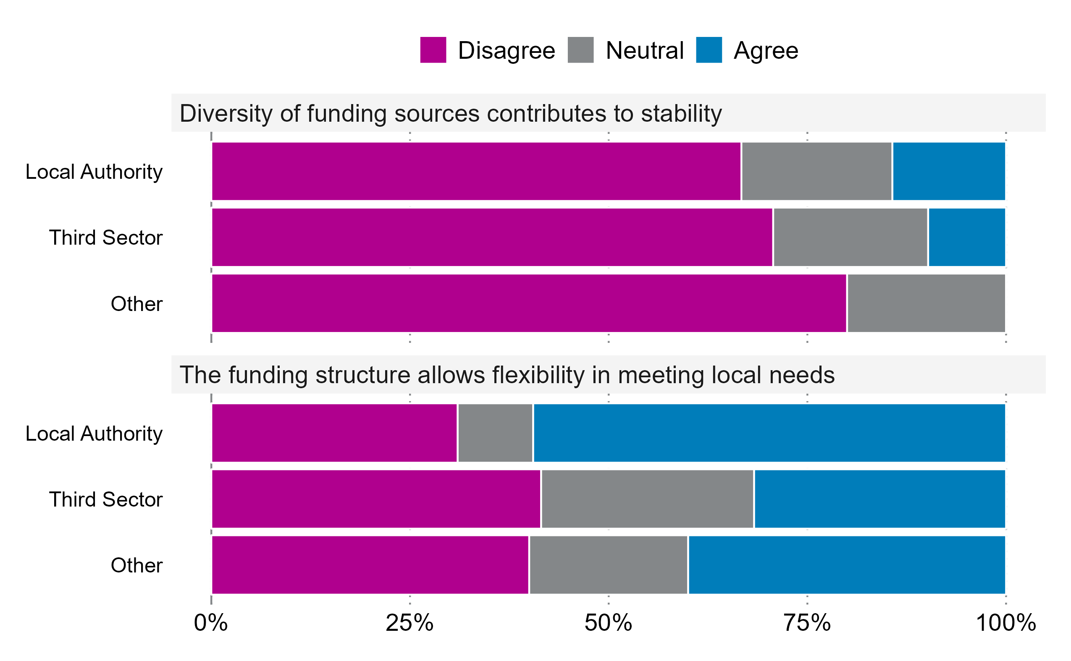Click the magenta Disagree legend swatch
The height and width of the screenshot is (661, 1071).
433,50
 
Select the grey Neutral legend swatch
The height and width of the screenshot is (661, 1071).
580,50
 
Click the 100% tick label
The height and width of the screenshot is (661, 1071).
1005,623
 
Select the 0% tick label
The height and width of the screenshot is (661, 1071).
210,623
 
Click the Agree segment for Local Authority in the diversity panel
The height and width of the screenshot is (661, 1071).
948,171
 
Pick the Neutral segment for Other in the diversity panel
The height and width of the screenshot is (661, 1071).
926,303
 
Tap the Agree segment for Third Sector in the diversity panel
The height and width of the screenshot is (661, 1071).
966,238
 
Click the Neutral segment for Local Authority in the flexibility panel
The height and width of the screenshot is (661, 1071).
495,433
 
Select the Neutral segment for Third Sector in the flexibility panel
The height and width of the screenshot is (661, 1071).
647,499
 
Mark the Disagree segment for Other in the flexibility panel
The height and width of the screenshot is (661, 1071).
370,565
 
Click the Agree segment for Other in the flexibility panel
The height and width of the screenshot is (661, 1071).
847,565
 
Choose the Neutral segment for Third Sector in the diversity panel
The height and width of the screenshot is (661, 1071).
850,238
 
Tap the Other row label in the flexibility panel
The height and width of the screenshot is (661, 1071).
136,565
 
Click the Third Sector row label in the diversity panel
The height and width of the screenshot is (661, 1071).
105,238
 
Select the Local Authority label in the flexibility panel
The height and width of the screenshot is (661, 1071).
94,434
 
